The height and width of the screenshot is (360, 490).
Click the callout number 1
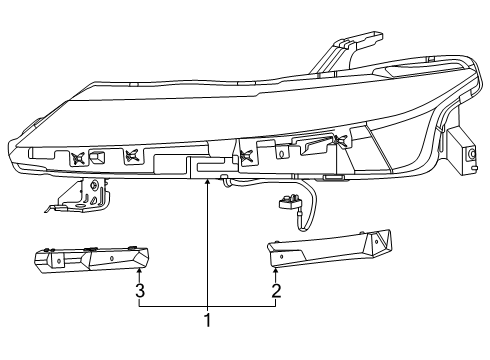(207, 321)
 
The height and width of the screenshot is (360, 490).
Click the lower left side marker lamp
(90, 258)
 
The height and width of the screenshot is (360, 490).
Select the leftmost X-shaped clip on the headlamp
(75, 157)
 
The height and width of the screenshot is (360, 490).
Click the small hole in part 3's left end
(54, 263)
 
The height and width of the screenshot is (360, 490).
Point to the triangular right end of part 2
(377, 242)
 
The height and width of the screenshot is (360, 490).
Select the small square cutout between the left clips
(98, 157)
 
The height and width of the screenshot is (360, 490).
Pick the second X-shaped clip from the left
(129, 156)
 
